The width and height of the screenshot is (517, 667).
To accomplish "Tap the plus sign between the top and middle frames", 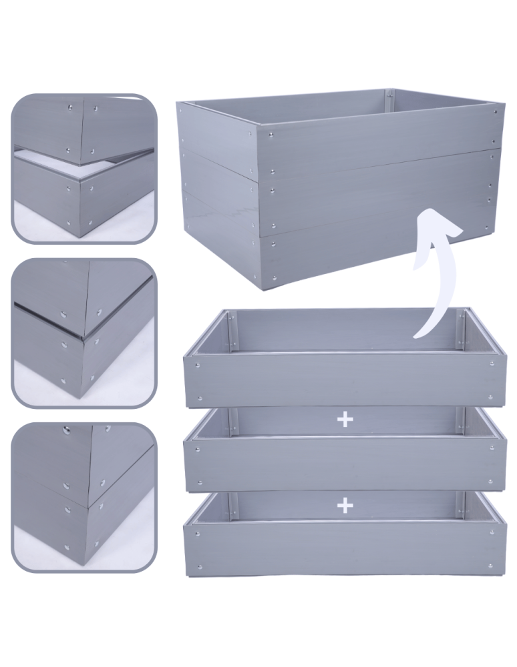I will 345,420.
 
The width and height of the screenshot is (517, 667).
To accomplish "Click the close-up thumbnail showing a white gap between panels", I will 83,167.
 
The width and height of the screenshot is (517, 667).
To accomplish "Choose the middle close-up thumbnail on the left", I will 83,333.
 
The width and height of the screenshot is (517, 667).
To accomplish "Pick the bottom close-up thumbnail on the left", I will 83,497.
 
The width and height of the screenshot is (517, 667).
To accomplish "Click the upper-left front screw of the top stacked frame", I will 197,364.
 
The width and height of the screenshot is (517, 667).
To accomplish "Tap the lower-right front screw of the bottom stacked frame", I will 490,566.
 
